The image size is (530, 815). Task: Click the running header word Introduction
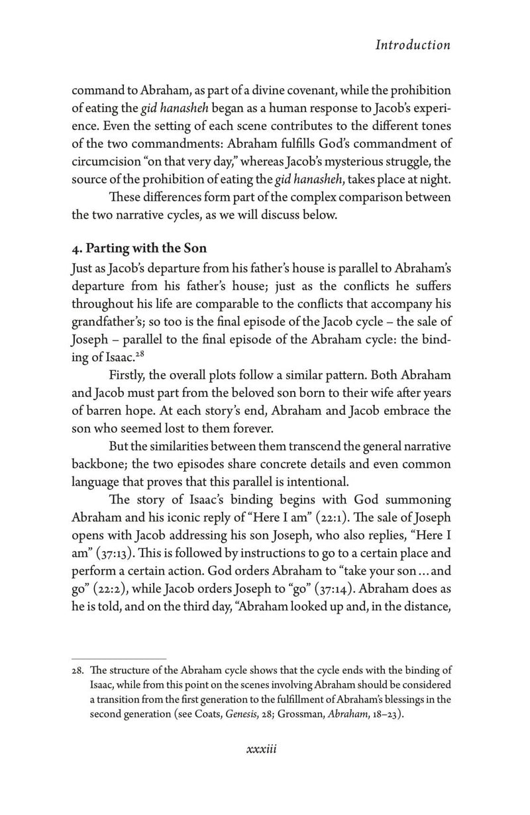click(x=413, y=45)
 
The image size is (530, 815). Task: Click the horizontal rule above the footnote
click(x=119, y=659)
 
